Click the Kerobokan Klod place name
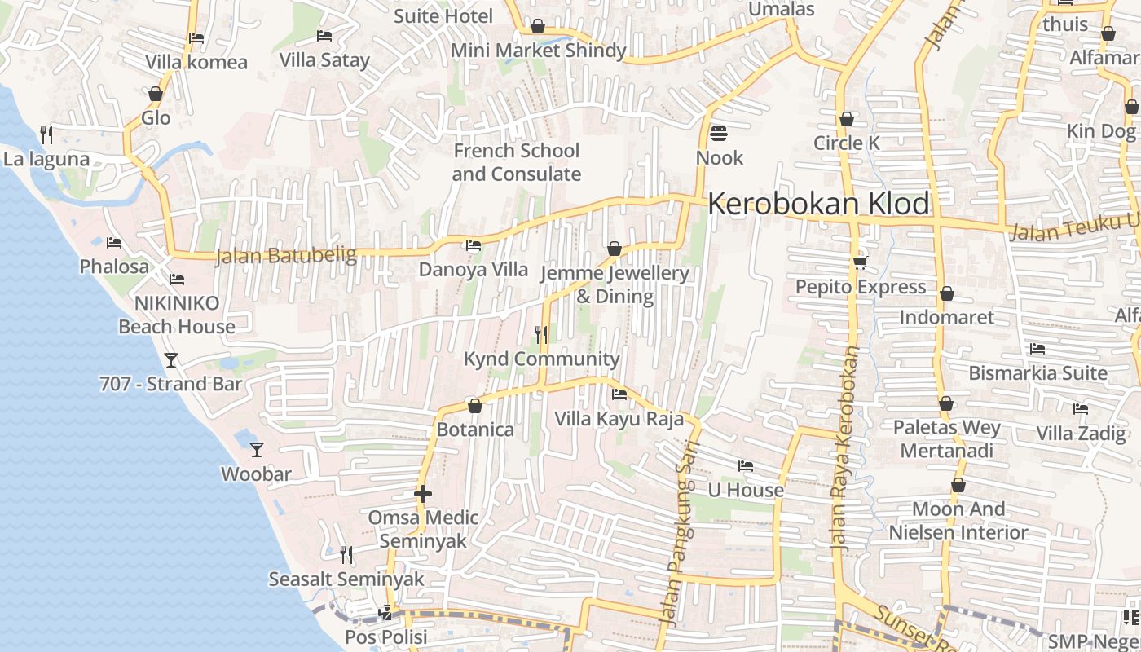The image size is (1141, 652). tap(818, 204)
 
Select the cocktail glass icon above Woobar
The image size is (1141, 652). tap(257, 449)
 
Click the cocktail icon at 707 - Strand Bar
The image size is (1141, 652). tap(171, 359)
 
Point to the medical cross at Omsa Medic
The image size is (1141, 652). tap(422, 494)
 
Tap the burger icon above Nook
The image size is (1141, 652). tap(719, 133)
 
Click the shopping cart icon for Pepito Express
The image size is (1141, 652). tap(860, 262)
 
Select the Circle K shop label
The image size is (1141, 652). tap(847, 143)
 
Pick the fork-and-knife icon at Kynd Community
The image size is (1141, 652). tap(540, 334)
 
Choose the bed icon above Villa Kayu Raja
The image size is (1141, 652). tap(619, 394)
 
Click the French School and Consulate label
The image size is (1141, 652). tap(516, 162)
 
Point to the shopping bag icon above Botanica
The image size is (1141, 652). tap(475, 405)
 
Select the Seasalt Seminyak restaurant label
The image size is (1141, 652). tap(346, 579)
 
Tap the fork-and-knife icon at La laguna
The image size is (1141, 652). tap(46, 134)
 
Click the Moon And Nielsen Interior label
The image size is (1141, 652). tap(958, 521)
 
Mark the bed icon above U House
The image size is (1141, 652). tap(746, 466)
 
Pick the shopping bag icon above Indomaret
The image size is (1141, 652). tap(946, 293)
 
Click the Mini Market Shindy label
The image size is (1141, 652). tap(538, 51)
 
